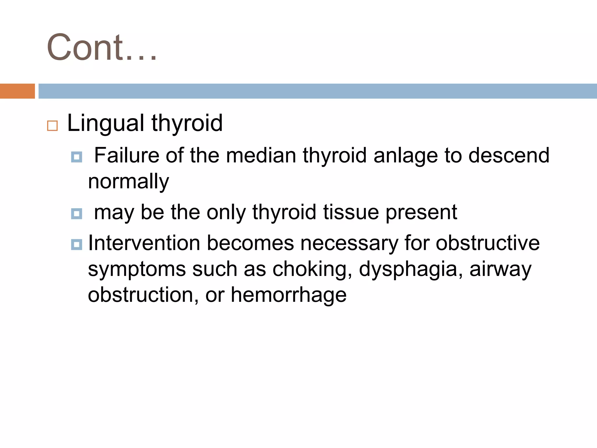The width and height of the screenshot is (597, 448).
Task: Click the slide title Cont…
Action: (102, 47)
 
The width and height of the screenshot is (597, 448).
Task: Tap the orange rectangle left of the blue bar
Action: (17, 91)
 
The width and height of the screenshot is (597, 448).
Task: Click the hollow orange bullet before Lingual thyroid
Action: (52, 126)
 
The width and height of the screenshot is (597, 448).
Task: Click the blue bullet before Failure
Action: (77, 157)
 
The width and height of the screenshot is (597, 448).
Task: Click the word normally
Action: (128, 182)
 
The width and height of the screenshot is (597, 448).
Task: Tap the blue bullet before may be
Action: (77, 214)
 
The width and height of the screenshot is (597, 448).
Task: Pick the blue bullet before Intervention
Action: (77, 244)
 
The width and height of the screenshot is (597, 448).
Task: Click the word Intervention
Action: (144, 243)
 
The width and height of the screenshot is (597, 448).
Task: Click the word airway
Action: (500, 269)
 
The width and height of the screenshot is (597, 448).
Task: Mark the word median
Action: (261, 155)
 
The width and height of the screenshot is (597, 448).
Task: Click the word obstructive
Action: (487, 243)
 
